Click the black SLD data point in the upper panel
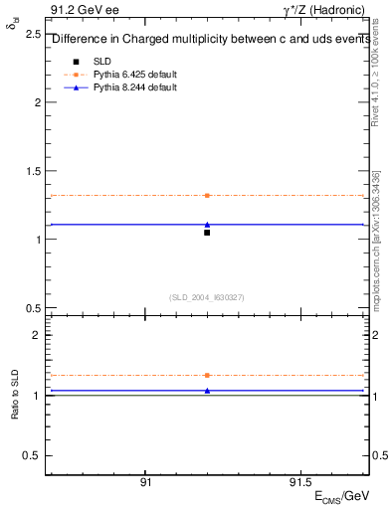(207, 233)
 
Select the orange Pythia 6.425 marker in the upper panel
(207, 196)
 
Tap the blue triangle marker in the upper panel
(207, 225)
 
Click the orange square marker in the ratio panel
(207, 375)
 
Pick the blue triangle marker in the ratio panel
(207, 391)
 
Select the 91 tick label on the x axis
(145, 482)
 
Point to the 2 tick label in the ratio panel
(36, 335)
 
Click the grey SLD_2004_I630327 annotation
(207, 297)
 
